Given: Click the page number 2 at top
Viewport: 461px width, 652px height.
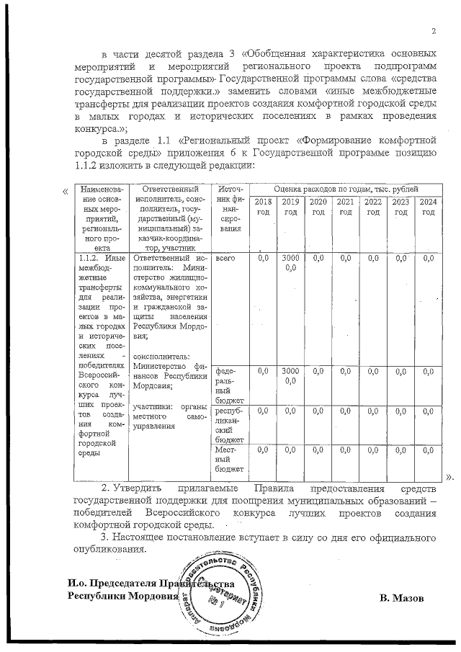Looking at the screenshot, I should (x=434, y=30).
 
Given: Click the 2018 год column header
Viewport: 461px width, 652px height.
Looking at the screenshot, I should (x=264, y=207).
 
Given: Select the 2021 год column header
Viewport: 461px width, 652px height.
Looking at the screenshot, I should (x=346, y=207).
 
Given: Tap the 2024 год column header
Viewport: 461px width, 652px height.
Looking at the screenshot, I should (x=429, y=207).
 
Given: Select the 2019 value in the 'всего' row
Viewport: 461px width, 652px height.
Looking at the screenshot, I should (x=290, y=262).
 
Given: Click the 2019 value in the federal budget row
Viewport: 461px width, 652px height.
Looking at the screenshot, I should (x=290, y=375).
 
